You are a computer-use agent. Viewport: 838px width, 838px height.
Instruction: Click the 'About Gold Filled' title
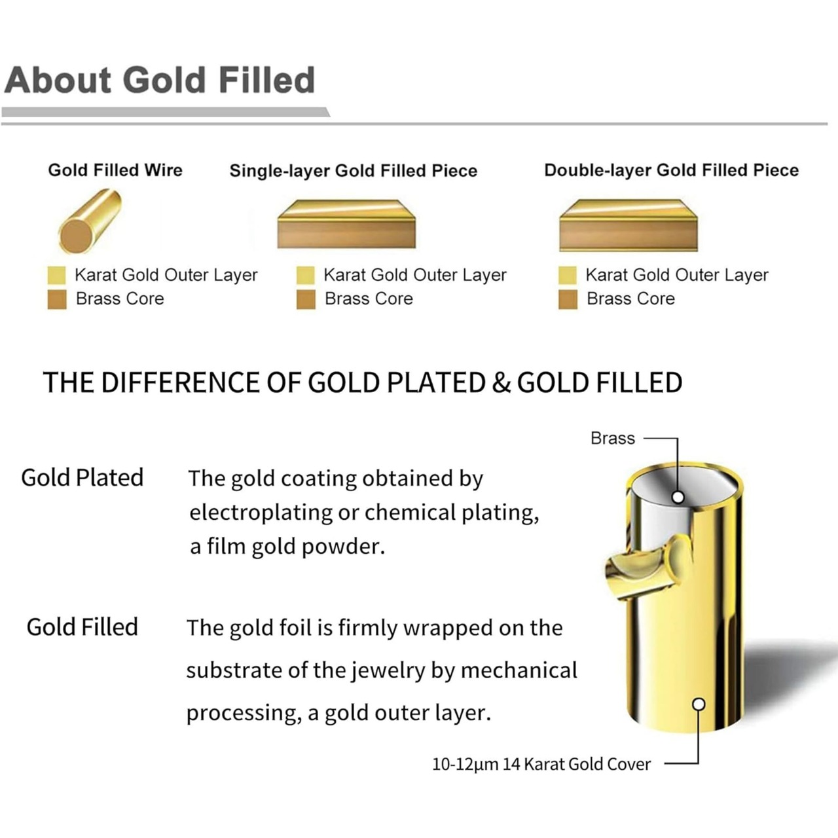(160, 81)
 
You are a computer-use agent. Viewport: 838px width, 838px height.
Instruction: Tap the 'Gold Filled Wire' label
(115, 170)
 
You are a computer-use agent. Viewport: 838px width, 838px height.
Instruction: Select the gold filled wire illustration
(90, 221)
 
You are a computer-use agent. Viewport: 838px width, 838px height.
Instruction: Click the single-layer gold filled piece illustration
(346, 225)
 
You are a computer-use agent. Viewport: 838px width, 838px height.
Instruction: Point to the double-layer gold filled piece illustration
(628, 225)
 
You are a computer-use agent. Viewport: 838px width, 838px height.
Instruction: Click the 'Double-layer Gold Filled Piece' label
(672, 170)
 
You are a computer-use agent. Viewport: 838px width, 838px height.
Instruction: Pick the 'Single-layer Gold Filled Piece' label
(353, 170)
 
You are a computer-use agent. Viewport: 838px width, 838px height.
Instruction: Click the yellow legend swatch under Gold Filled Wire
(56, 275)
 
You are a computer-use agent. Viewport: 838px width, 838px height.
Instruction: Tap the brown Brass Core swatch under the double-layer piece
(568, 299)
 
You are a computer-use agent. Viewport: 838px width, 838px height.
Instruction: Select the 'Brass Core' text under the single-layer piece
(369, 299)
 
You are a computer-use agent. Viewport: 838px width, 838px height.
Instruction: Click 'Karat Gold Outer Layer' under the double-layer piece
(677, 275)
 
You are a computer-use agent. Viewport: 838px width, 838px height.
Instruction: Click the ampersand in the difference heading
(501, 383)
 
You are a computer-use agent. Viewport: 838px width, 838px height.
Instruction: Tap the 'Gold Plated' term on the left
(82, 477)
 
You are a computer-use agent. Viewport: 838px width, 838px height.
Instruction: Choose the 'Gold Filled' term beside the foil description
(82, 627)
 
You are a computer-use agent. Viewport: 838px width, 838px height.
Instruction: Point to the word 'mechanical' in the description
(519, 670)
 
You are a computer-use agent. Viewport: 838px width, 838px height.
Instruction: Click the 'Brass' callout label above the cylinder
(612, 438)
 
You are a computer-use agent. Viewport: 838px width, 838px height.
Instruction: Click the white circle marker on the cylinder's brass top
(678, 497)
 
